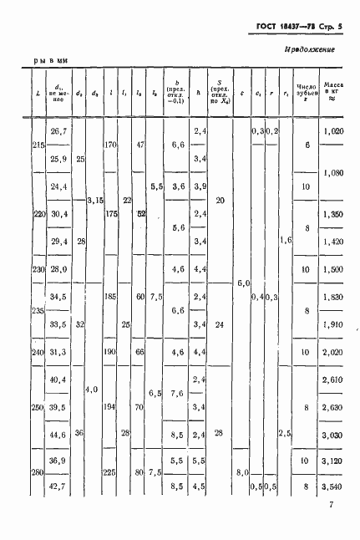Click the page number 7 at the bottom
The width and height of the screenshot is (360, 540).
coord(331,504)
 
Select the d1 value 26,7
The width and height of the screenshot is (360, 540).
coord(58,132)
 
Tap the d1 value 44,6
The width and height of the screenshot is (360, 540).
coord(58,434)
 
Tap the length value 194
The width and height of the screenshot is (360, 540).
coord(109,406)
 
